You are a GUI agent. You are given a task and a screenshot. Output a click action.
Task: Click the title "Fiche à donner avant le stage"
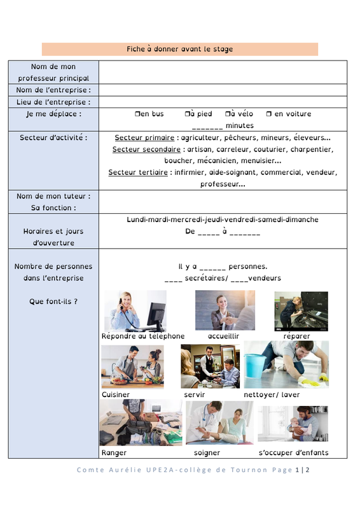click(179, 49)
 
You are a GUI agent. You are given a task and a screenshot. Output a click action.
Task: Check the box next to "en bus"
click(137, 114)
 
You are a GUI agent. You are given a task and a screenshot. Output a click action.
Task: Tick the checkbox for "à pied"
click(187, 114)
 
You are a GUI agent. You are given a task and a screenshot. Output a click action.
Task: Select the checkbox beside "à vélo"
click(228, 114)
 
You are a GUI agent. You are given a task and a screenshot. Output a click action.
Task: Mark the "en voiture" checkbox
click(269, 114)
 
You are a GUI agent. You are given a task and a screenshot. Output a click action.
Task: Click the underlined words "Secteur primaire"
click(144, 137)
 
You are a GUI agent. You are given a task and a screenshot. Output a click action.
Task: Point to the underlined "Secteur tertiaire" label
click(138, 172)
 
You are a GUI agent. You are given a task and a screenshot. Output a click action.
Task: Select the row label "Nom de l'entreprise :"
click(53, 90)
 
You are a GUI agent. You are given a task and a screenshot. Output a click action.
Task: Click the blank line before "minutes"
click(207, 129)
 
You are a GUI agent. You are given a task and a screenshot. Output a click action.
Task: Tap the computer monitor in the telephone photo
click(156, 314)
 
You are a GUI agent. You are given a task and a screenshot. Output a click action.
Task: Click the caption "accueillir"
click(223, 337)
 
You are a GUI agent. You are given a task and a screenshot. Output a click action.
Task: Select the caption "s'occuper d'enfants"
click(293, 452)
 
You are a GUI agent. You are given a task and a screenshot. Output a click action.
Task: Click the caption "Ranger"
click(114, 453)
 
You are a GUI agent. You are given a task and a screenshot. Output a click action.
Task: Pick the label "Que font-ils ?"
click(53, 302)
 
